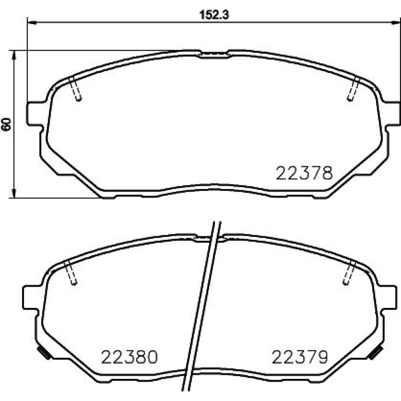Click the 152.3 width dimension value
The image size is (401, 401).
pyautogui.click(x=214, y=15)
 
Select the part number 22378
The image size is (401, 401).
pyautogui.click(x=304, y=173)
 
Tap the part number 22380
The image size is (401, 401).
pyautogui.click(x=129, y=357)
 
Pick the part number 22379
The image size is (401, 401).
pyautogui.click(x=300, y=357)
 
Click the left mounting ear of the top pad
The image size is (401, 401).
pyautogui.click(x=34, y=114)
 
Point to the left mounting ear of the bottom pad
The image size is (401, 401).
pyautogui.click(x=30, y=297)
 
